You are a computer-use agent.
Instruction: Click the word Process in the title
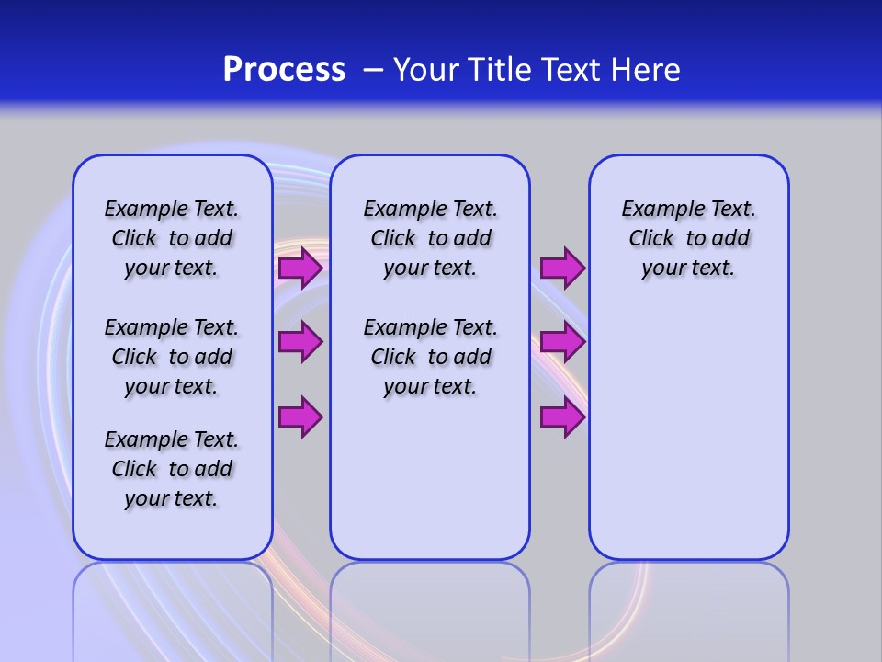coord(284,70)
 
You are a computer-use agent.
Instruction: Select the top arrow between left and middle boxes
coord(300,268)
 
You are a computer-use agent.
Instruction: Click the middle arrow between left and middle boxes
coord(300,342)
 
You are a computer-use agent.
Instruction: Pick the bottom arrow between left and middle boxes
coord(300,417)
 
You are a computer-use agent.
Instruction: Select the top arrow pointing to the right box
coord(561,268)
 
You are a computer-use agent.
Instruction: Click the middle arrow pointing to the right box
coord(561,342)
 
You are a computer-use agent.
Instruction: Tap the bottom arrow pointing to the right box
coord(561,417)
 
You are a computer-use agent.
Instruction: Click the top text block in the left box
coord(172,238)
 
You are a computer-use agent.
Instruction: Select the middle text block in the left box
coord(172,357)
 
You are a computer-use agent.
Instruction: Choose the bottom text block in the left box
coord(172,469)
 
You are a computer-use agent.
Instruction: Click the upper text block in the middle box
coord(430,238)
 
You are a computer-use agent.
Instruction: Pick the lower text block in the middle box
coord(430,357)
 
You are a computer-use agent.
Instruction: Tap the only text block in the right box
coord(688,238)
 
